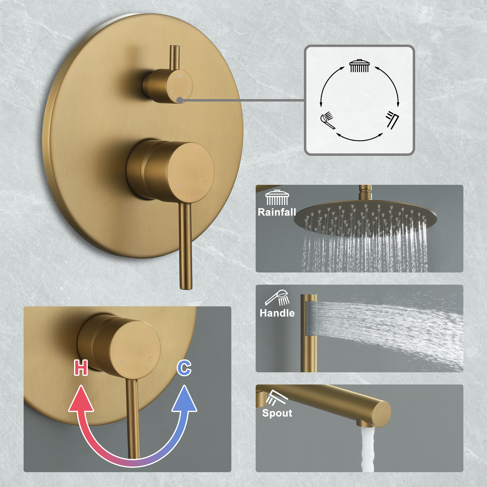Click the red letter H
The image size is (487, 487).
[x=81, y=367]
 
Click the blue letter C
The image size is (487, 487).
[x=184, y=368]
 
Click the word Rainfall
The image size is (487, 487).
[x=277, y=212]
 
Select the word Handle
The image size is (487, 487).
[x=277, y=313]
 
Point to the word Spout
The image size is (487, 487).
[x=277, y=413]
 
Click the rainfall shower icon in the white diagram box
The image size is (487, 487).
[x=359, y=66]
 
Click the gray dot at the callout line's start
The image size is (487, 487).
[x=179, y=100]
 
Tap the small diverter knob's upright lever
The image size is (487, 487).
[x=174, y=58]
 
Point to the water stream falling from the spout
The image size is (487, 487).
[x=367, y=451]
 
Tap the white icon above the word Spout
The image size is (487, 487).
[x=277, y=398]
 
